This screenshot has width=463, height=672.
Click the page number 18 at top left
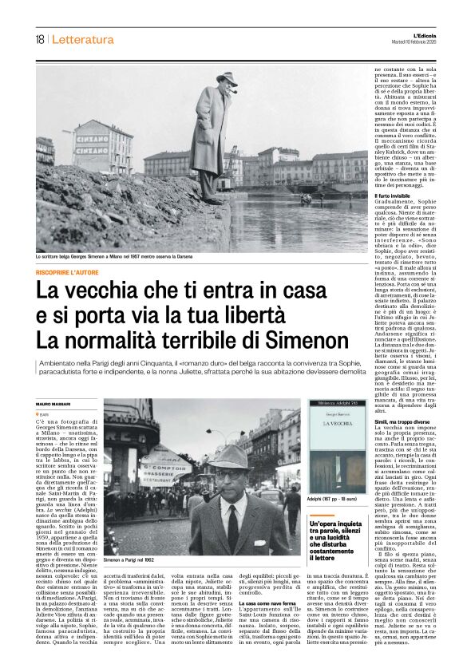point(39,39)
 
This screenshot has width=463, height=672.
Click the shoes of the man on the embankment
point(214,201)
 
